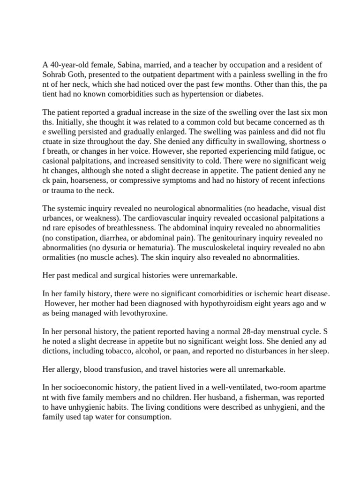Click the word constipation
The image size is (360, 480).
(77, 238)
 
